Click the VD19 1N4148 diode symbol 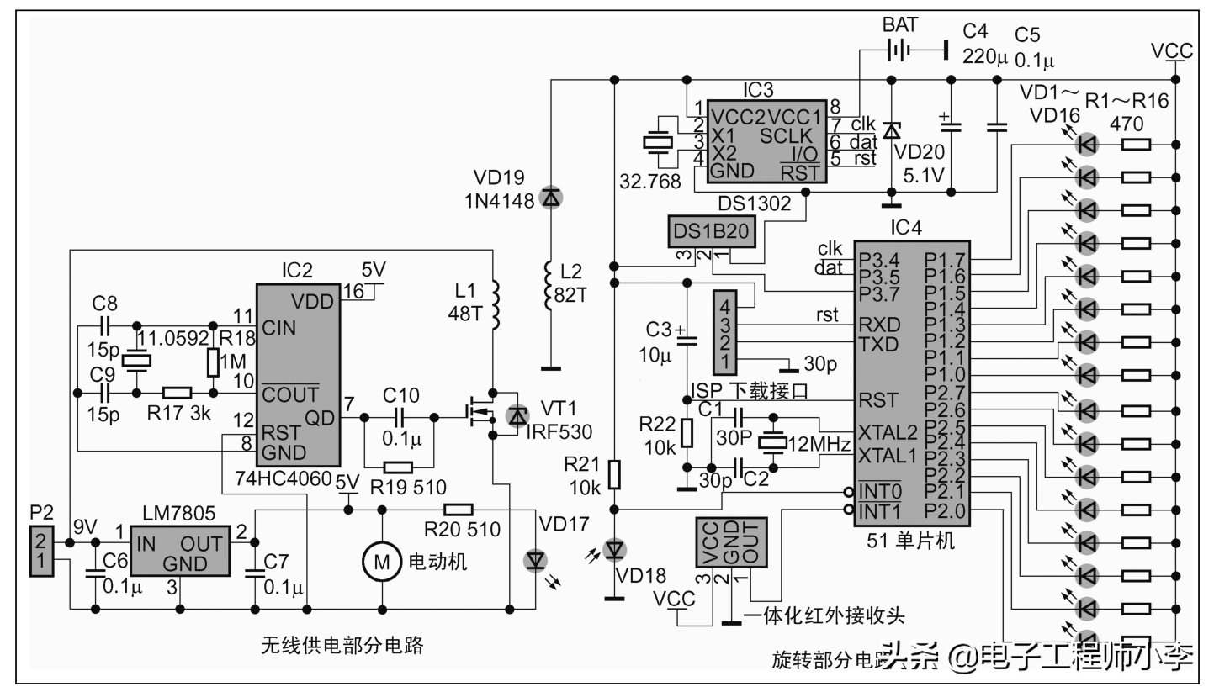[550, 198]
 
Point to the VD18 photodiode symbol [614, 550]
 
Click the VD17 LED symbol [535, 560]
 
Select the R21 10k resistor [615, 473]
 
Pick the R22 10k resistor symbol [687, 433]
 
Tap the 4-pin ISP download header [724, 333]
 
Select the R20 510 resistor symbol [459, 509]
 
